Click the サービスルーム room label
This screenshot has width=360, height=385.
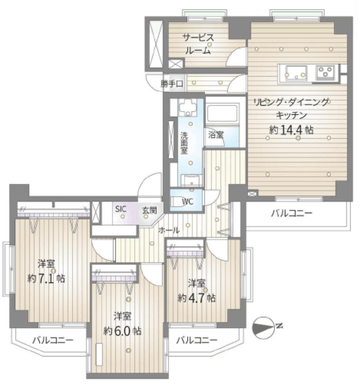(x=198, y=44)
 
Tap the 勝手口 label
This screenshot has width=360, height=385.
(x=172, y=84)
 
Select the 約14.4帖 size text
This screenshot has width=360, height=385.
(x=291, y=130)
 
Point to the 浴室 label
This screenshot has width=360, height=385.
(x=216, y=135)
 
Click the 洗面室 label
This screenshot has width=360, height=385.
(x=184, y=143)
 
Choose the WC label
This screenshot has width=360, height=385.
(x=188, y=202)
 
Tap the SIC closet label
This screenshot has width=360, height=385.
(x=121, y=209)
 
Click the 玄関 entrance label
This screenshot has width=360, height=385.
(x=149, y=211)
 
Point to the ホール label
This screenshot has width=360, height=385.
(x=169, y=230)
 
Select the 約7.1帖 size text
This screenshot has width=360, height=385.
(x=46, y=279)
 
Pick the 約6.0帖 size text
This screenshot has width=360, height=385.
(x=122, y=331)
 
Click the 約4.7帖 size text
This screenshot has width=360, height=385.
(x=197, y=298)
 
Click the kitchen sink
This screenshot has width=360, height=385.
(x=296, y=73)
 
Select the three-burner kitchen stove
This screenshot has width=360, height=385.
(x=325, y=72)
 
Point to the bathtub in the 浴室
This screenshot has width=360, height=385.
(x=223, y=112)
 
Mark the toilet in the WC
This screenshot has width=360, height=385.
(x=178, y=202)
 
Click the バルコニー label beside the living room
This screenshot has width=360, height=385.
(x=292, y=213)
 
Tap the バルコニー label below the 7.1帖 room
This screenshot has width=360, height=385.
(x=53, y=340)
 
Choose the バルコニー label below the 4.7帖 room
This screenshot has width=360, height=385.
(x=197, y=340)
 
